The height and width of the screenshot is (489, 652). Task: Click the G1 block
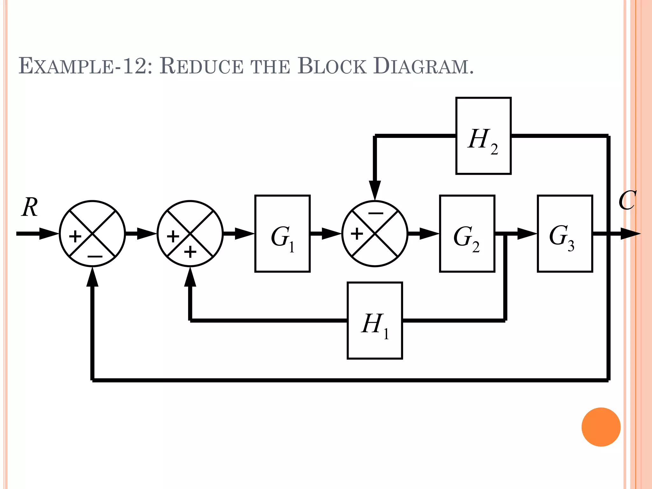282,233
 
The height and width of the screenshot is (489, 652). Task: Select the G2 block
467,233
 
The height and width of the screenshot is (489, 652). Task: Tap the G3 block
565,233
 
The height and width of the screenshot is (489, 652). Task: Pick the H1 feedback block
375,320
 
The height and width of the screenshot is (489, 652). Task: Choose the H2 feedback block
483,136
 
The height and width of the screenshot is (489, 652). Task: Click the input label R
30,207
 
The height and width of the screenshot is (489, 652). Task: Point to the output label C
627,201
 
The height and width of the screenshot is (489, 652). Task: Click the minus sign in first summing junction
95,256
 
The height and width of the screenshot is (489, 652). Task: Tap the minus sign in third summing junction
376,213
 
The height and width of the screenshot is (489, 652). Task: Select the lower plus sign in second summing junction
190,252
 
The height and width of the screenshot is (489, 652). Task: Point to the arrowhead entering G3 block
527,233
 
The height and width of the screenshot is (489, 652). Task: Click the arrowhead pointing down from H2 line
375,190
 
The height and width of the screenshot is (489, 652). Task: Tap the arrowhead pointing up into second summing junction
190,277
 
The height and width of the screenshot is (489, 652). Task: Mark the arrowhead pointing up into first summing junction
92,277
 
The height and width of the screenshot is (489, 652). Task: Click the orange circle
601,427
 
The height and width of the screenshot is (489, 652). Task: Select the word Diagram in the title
423,66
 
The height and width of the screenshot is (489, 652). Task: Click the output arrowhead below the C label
630,234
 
